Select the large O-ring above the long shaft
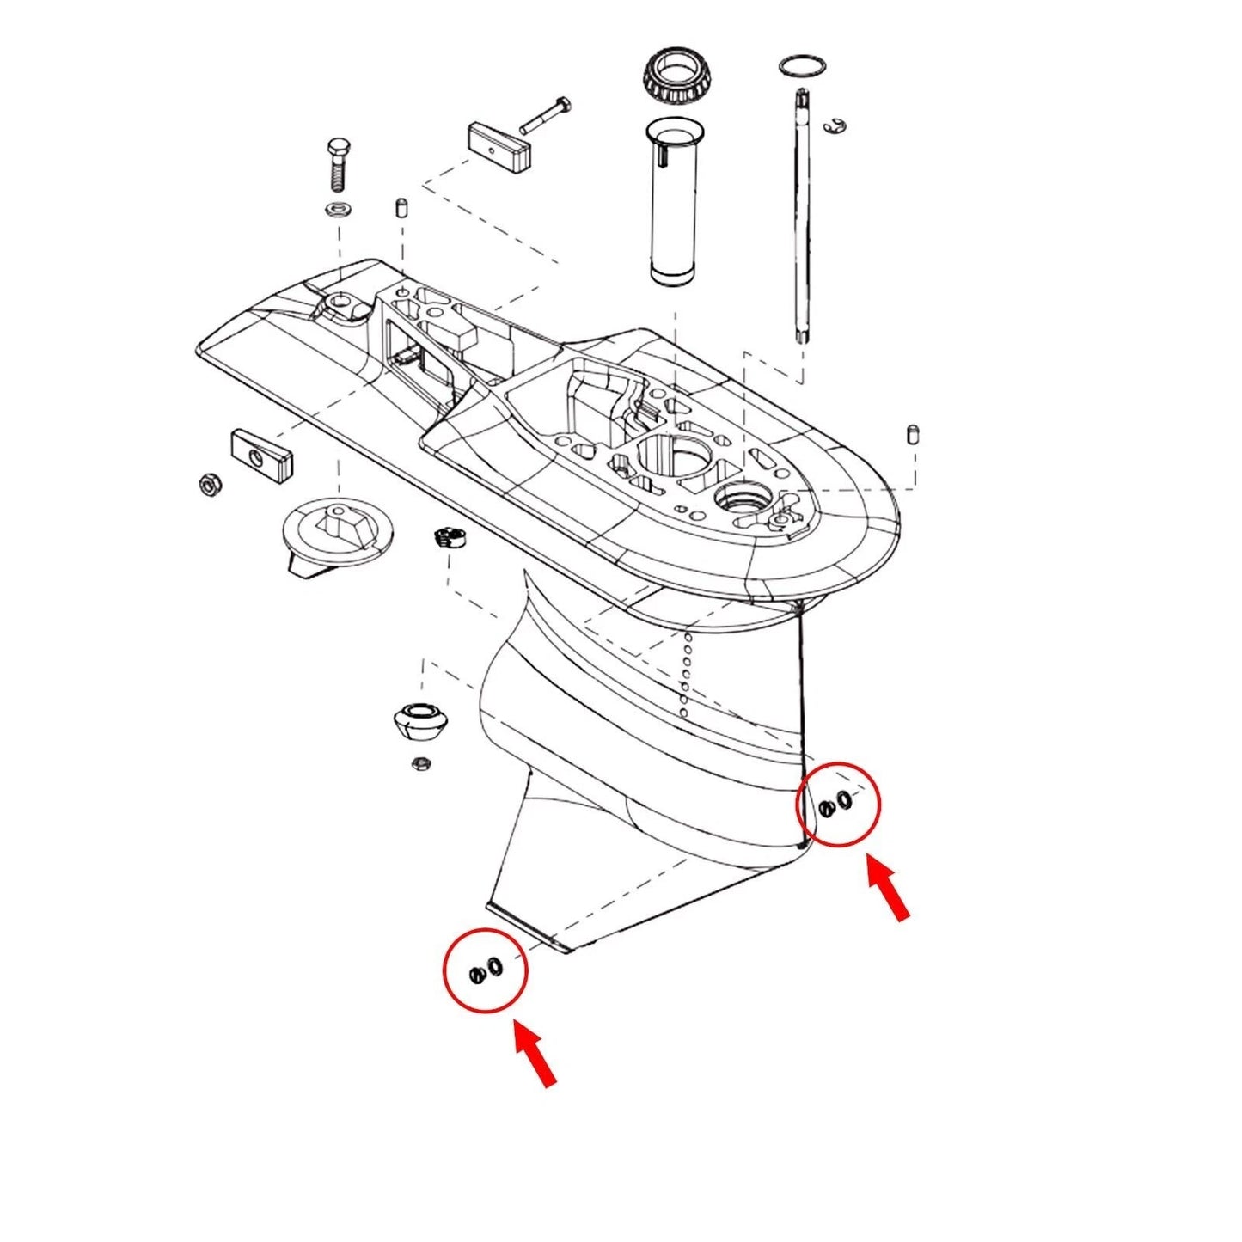click(x=803, y=65)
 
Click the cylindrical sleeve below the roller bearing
click(x=673, y=202)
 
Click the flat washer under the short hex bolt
click(x=338, y=209)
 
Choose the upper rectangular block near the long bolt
click(x=499, y=147)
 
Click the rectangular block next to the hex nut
click(x=261, y=454)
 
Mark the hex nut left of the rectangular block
click(x=211, y=484)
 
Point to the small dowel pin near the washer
click(x=401, y=208)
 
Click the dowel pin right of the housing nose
click(x=914, y=434)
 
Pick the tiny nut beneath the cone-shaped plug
click(x=421, y=762)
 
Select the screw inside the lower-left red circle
click(x=477, y=975)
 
